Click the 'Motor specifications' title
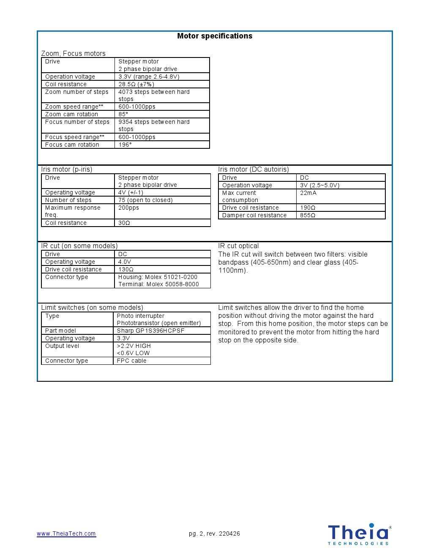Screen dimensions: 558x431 tap(215, 36)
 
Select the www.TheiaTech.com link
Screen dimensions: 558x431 tap(66, 533)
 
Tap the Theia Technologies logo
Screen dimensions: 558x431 tap(359, 534)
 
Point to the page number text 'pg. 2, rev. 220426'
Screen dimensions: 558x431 tap(214, 533)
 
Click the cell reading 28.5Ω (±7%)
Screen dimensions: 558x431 tap(136, 85)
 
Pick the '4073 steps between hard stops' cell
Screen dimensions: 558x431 tap(154, 96)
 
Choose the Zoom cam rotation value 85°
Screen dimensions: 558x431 tap(123, 115)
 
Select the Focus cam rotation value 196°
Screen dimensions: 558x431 tap(125, 145)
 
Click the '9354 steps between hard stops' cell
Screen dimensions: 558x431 tap(154, 126)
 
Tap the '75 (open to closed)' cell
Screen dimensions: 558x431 tap(145, 200)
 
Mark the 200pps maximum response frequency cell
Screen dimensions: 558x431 tap(128, 208)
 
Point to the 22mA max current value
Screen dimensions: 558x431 tap(308, 193)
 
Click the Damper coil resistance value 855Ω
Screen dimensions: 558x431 tap(308, 216)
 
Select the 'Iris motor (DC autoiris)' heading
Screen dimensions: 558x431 tap(254, 170)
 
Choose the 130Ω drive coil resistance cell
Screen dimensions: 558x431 tap(126, 270)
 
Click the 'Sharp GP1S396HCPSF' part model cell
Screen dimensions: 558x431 tap(150, 331)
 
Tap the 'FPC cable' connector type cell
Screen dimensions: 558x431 tap(131, 361)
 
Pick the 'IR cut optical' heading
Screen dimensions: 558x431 tap(238, 246)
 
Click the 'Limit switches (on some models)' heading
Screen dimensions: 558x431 tap(92, 308)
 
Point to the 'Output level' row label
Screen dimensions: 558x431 tap(62, 346)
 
